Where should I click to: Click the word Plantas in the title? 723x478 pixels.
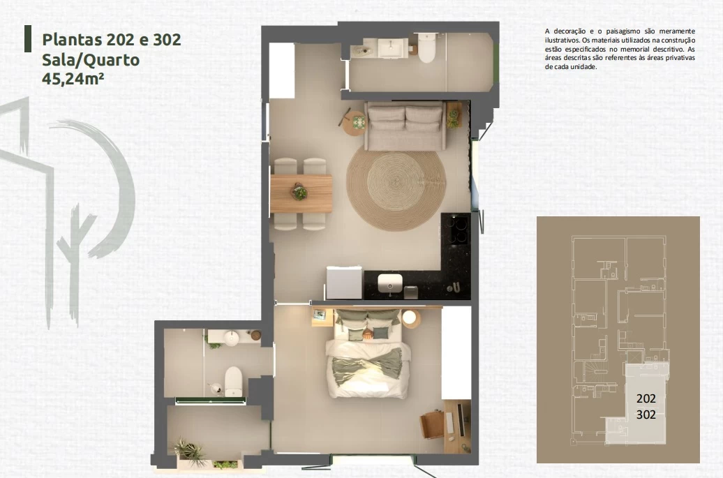(x=72, y=40)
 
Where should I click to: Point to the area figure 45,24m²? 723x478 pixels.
(x=73, y=79)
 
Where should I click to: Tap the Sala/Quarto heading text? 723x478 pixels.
(x=91, y=60)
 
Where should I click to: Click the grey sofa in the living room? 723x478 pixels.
(x=405, y=126)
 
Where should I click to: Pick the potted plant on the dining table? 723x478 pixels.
(x=299, y=191)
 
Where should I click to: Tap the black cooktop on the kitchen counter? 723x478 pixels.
(x=456, y=229)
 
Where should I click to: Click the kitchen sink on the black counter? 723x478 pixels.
(x=390, y=283)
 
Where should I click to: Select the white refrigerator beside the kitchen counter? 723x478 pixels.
(x=344, y=283)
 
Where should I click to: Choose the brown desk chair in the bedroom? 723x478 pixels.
(x=431, y=424)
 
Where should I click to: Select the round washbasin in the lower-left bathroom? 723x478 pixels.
(x=232, y=338)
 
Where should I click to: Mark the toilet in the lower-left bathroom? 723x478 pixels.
(x=233, y=382)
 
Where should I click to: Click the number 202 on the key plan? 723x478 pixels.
(x=646, y=398)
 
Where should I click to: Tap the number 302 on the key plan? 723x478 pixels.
(x=646, y=414)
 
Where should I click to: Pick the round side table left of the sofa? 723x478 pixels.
(x=355, y=123)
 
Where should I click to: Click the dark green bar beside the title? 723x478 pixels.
(x=28, y=38)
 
